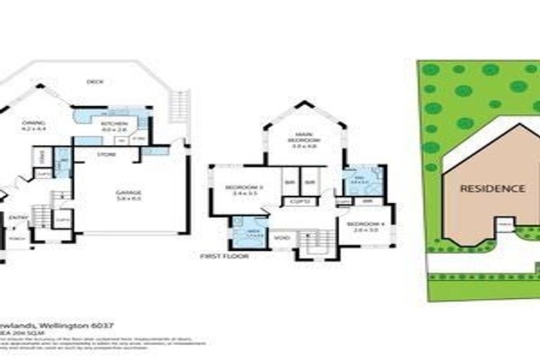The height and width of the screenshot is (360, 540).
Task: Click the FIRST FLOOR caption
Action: coord(224,257)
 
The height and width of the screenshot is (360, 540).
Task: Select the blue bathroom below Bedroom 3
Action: coord(245,233)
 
